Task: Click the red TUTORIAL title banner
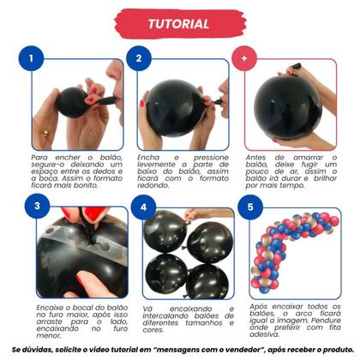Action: click(x=179, y=24)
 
